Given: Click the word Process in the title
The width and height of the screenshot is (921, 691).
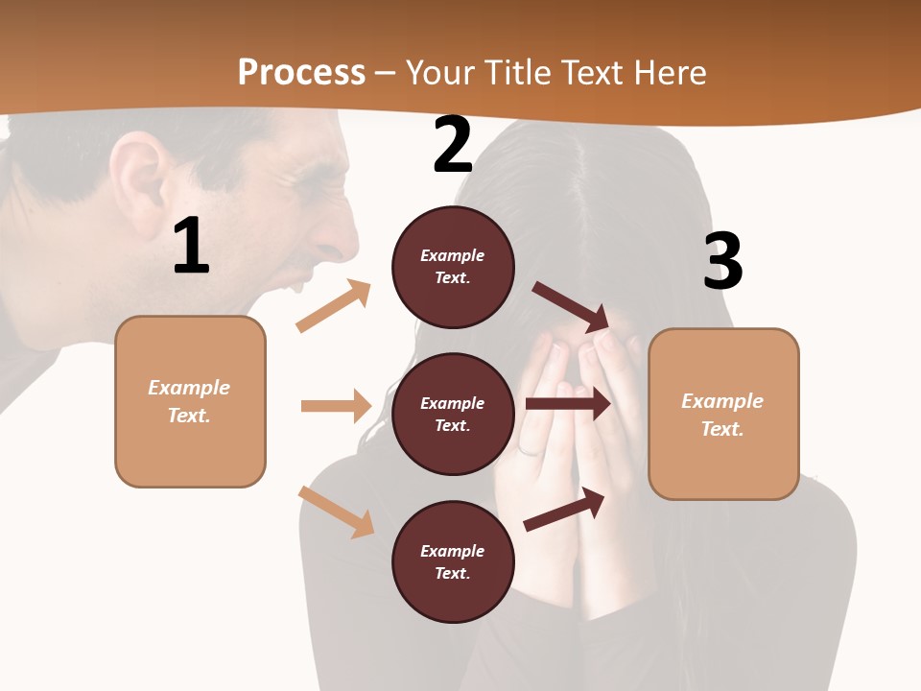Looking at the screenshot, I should [x=301, y=73].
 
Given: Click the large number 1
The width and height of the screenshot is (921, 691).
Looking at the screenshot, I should [x=191, y=246].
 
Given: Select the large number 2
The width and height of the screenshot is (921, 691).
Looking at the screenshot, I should [x=453, y=145].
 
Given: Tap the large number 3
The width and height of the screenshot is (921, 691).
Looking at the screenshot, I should [x=723, y=261].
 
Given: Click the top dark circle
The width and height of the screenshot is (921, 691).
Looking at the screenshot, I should [x=453, y=267].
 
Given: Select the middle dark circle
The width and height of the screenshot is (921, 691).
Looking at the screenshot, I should [x=453, y=414].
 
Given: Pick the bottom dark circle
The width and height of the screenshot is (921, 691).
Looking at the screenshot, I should [x=453, y=561].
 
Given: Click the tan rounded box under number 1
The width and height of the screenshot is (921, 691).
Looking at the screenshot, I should [x=190, y=401].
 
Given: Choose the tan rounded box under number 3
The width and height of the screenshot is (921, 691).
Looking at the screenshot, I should [x=723, y=415].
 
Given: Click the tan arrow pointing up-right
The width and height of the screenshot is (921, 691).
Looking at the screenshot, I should [x=334, y=306].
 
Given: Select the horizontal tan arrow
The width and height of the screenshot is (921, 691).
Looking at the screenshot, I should [x=336, y=406].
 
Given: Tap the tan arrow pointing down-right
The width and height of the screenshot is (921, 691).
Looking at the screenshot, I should [x=337, y=512].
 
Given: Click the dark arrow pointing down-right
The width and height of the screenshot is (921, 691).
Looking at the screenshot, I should [x=572, y=306].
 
